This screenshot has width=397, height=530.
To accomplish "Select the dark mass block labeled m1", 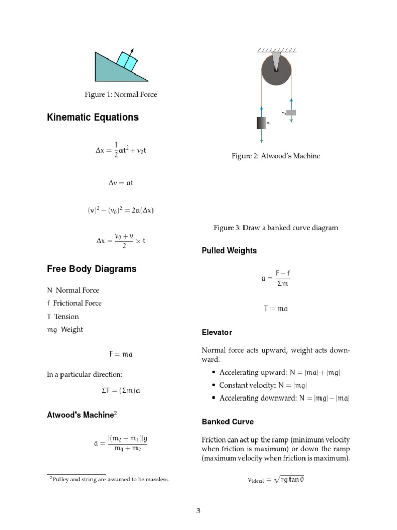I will pyautogui.click(x=262, y=123).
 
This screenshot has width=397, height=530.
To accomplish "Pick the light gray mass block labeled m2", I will pyautogui.click(x=291, y=112).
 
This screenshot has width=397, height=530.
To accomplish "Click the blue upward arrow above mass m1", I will pyautogui.click(x=262, y=111).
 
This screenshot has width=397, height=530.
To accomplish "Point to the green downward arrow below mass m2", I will pyautogui.click(x=292, y=119).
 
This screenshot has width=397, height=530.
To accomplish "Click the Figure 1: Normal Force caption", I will pyautogui.click(x=121, y=95).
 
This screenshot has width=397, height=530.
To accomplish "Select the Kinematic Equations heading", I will pyautogui.click(x=93, y=117).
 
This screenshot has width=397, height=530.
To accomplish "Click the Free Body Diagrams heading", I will pyautogui.click(x=91, y=269).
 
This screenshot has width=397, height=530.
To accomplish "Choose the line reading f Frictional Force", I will pyautogui.click(x=74, y=303).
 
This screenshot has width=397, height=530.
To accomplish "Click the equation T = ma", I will pyautogui.click(x=276, y=309).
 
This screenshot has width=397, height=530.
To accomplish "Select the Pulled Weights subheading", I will pyautogui.click(x=229, y=251).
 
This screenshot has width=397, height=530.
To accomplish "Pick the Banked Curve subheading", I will pyautogui.click(x=227, y=422).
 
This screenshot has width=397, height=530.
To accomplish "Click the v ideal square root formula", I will pyautogui.click(x=276, y=480).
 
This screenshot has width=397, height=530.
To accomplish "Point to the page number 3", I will pyautogui.click(x=198, y=511).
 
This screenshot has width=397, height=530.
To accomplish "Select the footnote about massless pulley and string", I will pyautogui.click(x=109, y=479).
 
